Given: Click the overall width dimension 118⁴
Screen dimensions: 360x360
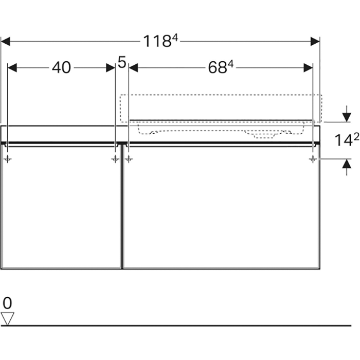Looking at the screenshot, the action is tap(160, 41).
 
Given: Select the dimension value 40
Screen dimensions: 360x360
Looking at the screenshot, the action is tap(61, 68).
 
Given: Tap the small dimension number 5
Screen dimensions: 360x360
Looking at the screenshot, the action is tap(122, 62).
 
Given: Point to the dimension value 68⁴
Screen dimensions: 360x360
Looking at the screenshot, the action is tap(221, 67).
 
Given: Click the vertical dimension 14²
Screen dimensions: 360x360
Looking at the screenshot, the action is tap(347, 140).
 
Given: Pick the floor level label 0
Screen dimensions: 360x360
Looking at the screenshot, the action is tap(7, 303).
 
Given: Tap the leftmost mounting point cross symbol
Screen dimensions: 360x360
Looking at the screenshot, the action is tap(8, 158).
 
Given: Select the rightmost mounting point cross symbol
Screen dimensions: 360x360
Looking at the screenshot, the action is tap(313, 158).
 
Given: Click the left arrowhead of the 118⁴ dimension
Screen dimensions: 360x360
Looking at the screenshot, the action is tap(6, 42).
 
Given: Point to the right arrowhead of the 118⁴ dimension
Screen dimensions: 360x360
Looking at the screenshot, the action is tap(315, 42).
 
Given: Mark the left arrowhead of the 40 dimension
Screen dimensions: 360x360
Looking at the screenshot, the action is tap(12, 68).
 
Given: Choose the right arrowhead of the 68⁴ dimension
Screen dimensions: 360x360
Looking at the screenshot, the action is tap(308, 68).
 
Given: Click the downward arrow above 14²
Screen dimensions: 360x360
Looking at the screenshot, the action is tap(347, 114).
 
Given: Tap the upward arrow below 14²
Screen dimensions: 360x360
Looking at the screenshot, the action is tap(347, 167).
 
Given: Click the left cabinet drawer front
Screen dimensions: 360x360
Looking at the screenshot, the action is tap(61, 207).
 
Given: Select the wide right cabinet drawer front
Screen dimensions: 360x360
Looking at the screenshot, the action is tap(221, 207).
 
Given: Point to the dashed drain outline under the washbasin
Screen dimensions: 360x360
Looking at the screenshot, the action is tap(264, 134).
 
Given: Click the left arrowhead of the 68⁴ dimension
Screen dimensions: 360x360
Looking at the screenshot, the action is tap(133, 68).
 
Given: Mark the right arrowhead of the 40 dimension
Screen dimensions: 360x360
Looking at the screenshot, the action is tap(111, 68).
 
